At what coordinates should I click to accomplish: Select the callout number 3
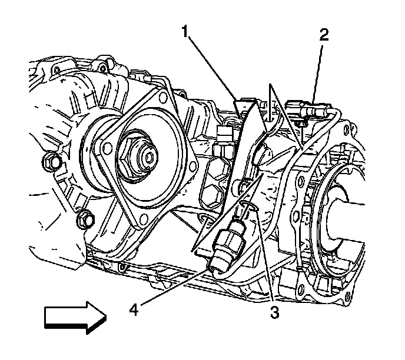(273, 312)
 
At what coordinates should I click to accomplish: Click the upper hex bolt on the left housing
(49, 160)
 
